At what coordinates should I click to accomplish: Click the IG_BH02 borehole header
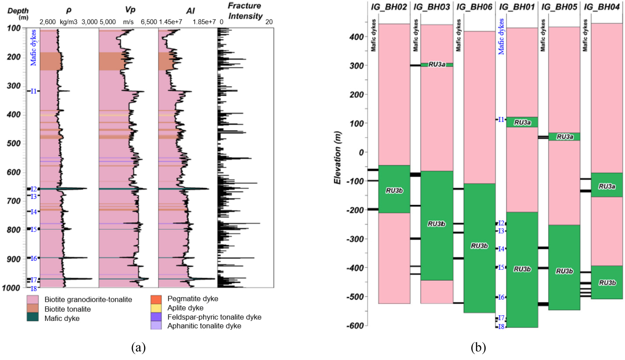[389, 7]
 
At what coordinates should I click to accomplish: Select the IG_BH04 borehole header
[602, 7]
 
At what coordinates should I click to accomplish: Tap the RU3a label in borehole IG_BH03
[437, 64]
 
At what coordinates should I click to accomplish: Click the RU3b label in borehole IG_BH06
[479, 246]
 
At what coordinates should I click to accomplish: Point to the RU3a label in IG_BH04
[607, 186]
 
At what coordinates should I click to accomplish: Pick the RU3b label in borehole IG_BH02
[394, 191]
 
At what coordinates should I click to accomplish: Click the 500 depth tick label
[14, 143]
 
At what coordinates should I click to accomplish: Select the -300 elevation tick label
[355, 239]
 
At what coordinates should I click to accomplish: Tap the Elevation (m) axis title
[338, 157]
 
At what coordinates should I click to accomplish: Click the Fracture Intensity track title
[245, 11]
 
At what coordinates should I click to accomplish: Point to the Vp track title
[130, 10]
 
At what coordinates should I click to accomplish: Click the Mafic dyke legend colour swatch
[33, 317]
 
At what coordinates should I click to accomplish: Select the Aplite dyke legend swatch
[156, 308]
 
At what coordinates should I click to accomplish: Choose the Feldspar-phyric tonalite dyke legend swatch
[156, 316]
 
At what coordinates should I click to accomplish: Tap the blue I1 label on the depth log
[33, 91]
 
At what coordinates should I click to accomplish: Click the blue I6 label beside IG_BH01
[501, 297]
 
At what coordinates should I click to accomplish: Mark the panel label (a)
[138, 348]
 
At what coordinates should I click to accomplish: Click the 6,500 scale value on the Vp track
[149, 22]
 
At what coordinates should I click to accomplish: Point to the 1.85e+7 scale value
[204, 22]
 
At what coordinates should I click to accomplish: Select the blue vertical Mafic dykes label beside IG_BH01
[501, 36]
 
